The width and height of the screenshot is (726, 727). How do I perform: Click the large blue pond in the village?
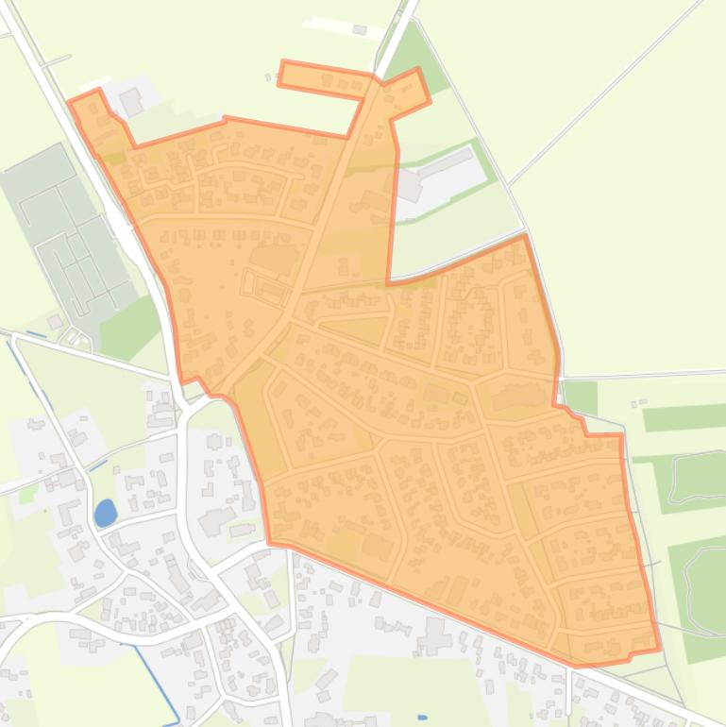[x=105, y=513]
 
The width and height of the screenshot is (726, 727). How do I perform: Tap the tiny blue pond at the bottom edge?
[x=422, y=717]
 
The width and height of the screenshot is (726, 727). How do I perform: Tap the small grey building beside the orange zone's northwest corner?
[x=130, y=99]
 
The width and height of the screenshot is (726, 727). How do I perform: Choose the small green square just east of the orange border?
[x=580, y=397]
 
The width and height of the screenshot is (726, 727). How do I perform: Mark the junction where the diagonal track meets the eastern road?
[x=507, y=183]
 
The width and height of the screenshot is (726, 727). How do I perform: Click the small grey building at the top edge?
[x=359, y=30]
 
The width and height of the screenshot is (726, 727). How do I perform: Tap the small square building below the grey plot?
[x=56, y=322]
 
